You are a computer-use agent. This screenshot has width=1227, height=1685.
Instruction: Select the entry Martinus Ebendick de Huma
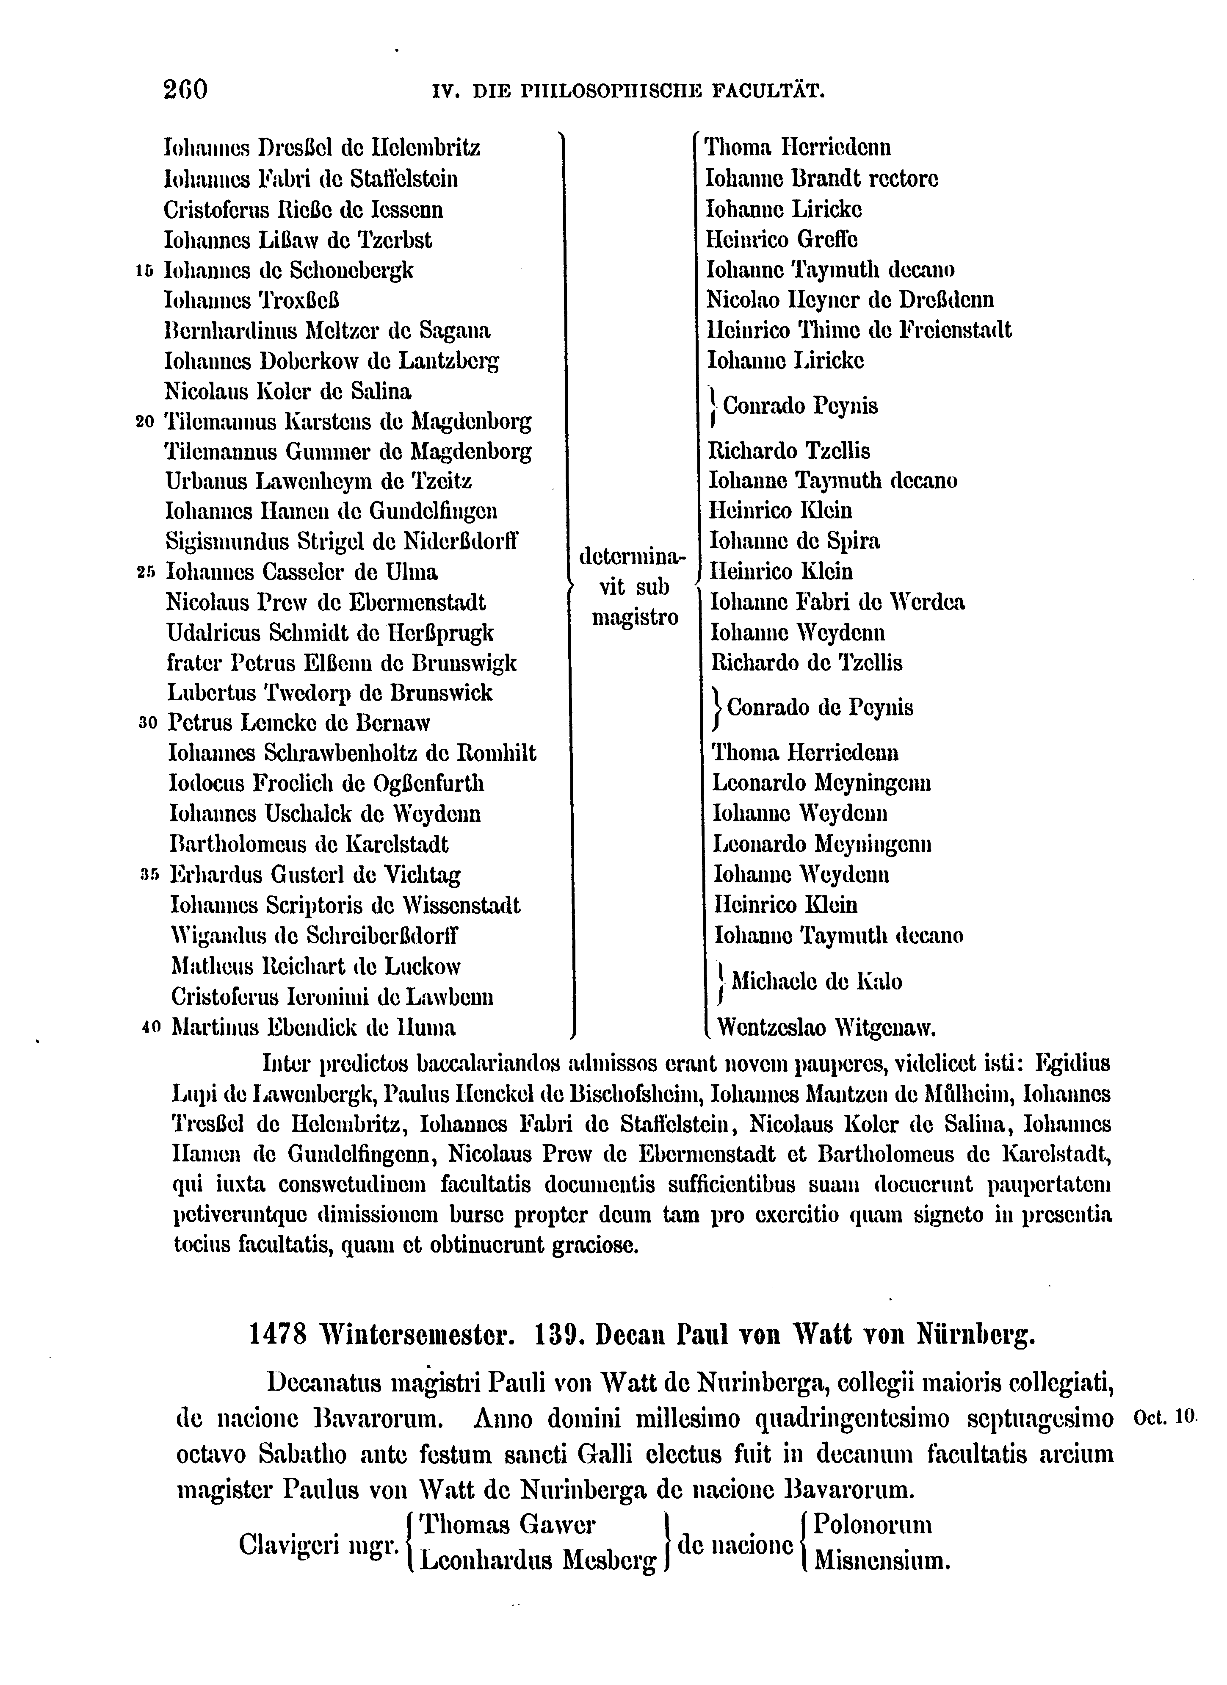coord(313,1028)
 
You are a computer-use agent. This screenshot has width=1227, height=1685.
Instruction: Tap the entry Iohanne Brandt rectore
coord(821,179)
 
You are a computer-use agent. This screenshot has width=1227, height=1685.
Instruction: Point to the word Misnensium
coord(882,1560)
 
